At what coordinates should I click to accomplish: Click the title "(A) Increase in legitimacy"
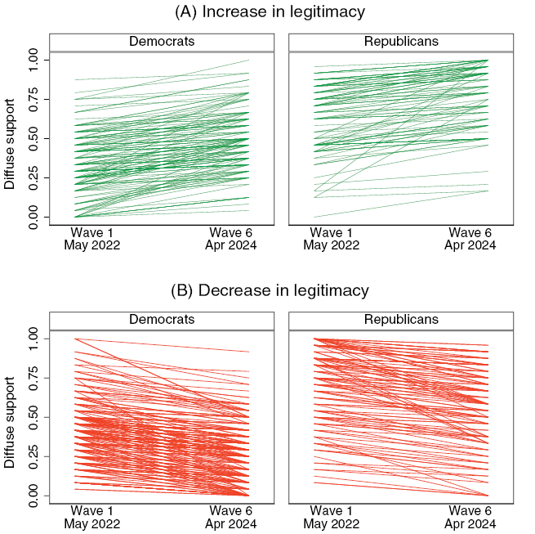[x=270, y=12]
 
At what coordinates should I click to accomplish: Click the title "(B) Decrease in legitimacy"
[x=270, y=290]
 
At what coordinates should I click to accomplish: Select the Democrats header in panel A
[x=160, y=42]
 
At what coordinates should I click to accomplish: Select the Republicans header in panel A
[x=400, y=42]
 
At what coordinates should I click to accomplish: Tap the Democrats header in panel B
[x=160, y=320]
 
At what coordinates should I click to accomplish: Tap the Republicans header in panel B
[x=400, y=320]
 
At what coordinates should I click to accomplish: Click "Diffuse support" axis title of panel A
[x=10, y=138]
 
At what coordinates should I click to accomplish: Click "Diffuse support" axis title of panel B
[x=10, y=416]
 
